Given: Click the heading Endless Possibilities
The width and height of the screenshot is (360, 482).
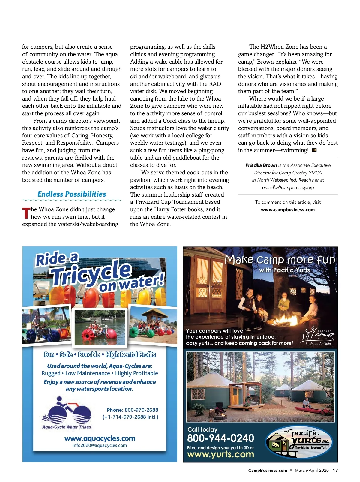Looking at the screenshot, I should click(x=72, y=194).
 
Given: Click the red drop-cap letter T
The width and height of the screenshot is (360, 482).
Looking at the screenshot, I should click(x=26, y=213).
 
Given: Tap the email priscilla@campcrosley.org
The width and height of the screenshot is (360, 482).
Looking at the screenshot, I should click(x=288, y=188).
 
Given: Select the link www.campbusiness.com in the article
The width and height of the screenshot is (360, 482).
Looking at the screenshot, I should click(x=288, y=210).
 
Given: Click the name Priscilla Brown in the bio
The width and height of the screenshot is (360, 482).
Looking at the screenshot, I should click(x=261, y=165).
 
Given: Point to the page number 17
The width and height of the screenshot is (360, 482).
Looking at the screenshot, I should click(x=335, y=470).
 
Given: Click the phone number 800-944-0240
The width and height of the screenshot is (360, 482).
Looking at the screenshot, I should click(x=220, y=438).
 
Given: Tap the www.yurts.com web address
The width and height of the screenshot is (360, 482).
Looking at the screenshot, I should click(x=220, y=454).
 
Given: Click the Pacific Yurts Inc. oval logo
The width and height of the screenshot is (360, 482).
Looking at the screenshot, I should click(x=299, y=442).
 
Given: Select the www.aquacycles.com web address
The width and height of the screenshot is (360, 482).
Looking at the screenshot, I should click(x=100, y=438).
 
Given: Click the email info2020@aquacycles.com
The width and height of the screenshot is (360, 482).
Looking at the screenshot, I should click(x=100, y=445).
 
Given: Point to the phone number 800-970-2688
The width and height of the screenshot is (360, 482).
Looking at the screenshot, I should click(x=141, y=410).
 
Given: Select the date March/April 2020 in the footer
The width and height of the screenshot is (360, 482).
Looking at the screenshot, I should click(x=312, y=470).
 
